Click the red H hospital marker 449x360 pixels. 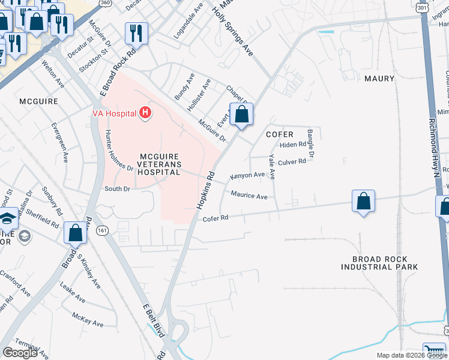[144, 112]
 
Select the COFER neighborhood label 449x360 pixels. [280, 134]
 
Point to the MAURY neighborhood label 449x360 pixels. [379, 79]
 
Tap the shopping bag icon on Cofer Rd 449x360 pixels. [363, 202]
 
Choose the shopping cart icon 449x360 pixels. [434, 352]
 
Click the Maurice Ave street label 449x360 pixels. [249, 196]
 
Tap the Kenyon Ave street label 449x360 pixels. [247, 176]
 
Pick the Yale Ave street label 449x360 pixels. [272, 166]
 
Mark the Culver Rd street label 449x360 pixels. [292, 161]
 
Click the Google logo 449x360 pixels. [20, 353]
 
